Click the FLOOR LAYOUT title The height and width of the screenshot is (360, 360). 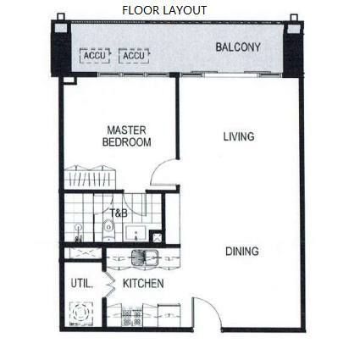(x=164, y=10)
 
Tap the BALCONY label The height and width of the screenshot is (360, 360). (x=238, y=47)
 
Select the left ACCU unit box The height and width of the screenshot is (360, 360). (x=95, y=56)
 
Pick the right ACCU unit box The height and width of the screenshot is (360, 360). (x=134, y=56)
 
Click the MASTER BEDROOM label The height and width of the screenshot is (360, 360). (x=126, y=136)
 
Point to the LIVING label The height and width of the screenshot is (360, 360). (x=239, y=136)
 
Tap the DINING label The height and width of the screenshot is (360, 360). (x=242, y=252)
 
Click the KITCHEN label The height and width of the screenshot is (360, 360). (x=143, y=284)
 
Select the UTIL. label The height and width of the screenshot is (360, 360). (x=81, y=284)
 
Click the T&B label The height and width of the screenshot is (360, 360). (x=119, y=213)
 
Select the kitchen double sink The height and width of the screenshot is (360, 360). (x=145, y=258)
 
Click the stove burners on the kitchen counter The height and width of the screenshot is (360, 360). (x=132, y=318)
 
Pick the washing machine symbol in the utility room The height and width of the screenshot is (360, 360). (x=81, y=313)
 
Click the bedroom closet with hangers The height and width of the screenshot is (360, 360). (x=90, y=177)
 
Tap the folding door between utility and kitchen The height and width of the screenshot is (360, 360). (x=110, y=284)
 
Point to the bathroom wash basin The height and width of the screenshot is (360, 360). (x=136, y=233)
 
